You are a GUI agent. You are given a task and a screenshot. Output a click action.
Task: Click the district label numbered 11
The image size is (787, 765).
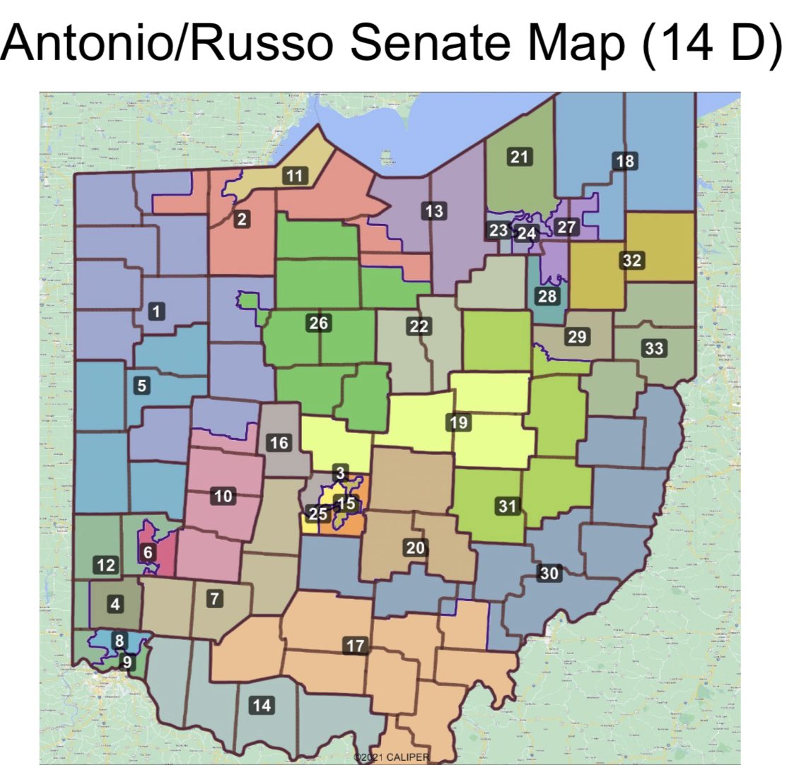[x=296, y=176]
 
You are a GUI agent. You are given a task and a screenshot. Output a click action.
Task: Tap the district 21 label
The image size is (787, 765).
[x=520, y=157]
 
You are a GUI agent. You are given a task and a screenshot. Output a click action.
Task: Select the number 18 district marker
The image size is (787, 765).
[x=625, y=161]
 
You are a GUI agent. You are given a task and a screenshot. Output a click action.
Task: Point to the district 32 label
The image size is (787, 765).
[x=632, y=260]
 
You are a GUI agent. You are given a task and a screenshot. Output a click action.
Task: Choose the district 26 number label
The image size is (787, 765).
[x=319, y=324]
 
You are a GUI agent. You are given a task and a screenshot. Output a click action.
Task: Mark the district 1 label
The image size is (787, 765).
[x=157, y=310]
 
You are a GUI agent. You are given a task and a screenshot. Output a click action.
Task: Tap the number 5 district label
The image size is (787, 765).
[x=142, y=386]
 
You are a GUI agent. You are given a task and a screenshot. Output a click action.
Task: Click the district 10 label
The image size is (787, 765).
[x=223, y=497]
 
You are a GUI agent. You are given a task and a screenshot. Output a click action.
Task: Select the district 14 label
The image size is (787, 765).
[x=262, y=704]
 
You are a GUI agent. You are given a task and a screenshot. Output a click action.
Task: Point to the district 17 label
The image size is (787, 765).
[x=356, y=645]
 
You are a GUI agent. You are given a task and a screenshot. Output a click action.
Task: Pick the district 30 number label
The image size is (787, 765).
[x=549, y=574]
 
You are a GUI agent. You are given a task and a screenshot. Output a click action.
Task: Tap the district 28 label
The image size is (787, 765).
[x=548, y=296]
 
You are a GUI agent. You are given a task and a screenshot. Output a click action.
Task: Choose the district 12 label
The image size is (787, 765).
[x=105, y=565]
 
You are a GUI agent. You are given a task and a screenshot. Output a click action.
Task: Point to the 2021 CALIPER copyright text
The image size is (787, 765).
[x=392, y=757]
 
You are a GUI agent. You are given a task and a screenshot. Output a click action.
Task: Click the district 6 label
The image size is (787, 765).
[x=148, y=552]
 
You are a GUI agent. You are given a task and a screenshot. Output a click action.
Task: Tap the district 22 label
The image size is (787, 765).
[x=419, y=326]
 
